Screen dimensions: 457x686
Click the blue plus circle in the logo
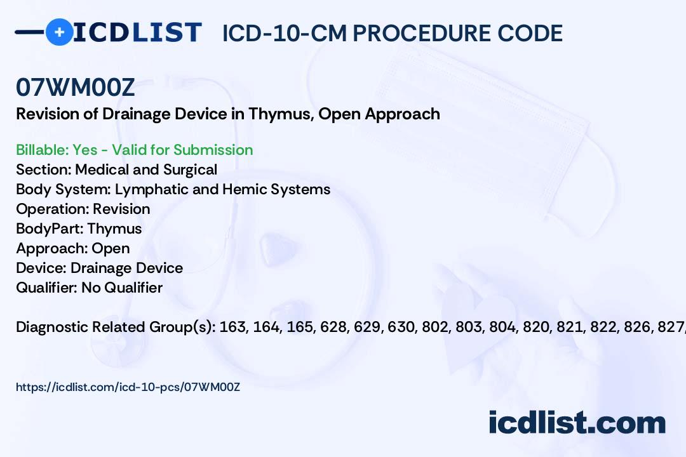pyautogui.click(x=59, y=32)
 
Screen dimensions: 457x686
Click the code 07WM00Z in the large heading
pyautogui.click(x=76, y=88)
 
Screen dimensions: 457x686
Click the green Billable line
pyautogui.click(x=135, y=150)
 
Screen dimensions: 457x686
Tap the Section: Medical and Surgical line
pyautogui.click(x=117, y=169)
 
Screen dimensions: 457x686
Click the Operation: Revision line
pyautogui.click(x=83, y=209)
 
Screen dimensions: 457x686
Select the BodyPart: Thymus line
pyautogui.click(x=79, y=228)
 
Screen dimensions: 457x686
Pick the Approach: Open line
pyautogui.click(x=73, y=248)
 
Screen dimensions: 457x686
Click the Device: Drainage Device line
pyautogui.click(x=100, y=268)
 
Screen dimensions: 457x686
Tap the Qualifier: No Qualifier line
pyautogui.click(x=90, y=288)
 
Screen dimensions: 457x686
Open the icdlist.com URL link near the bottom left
pyautogui.click(x=128, y=387)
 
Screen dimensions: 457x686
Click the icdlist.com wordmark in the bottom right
pyautogui.click(x=577, y=423)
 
